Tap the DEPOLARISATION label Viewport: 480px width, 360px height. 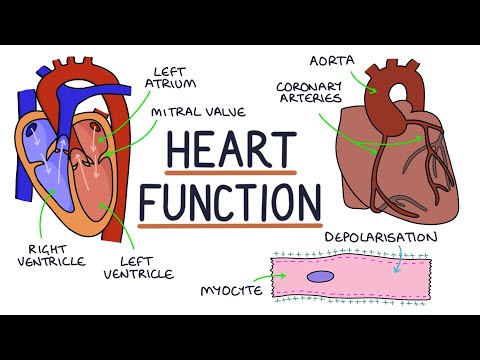click(380, 237)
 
